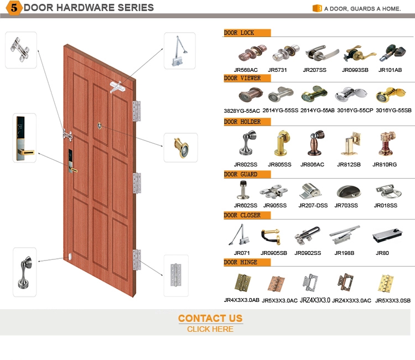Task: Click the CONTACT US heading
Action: pos(210,318)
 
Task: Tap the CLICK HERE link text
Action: pos(210,329)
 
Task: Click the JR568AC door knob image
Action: pos(252,53)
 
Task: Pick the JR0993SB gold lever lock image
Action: pos(359,54)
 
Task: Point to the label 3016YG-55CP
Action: pos(355,110)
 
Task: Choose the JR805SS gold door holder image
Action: pos(282,143)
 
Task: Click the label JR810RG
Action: pos(385,165)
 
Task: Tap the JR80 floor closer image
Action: pos(387,235)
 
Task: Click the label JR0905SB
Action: pos(274,253)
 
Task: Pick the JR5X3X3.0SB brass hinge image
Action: pos(386,284)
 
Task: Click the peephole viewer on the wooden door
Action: pos(100,126)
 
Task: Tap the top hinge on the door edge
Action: pos(137,111)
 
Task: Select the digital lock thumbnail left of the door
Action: pos(24,138)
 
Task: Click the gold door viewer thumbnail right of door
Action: pos(181,148)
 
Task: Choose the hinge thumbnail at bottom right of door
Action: pos(176,275)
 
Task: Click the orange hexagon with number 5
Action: pos(14,8)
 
